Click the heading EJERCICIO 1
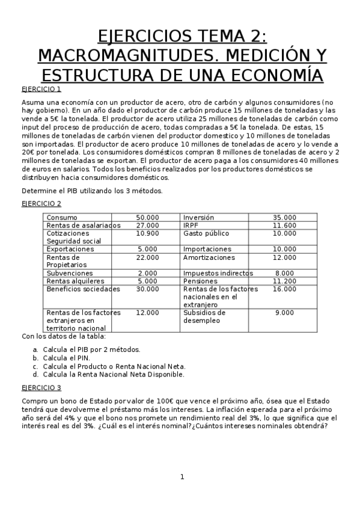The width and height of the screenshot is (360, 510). click(41, 89)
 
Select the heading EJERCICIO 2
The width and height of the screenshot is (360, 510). click(41, 204)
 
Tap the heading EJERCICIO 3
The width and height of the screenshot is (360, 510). click(41, 387)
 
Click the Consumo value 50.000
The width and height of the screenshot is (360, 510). click(147, 217)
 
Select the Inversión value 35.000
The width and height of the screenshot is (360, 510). click(284, 217)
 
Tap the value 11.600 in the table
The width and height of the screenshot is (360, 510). click(284, 226)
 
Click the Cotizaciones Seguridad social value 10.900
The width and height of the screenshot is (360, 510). click(147, 233)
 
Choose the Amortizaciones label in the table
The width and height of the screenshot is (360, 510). click(209, 257)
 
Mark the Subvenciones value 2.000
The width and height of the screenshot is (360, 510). click(147, 273)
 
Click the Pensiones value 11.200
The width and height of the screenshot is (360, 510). click(284, 281)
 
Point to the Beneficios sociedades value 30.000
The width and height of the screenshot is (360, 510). click(147, 289)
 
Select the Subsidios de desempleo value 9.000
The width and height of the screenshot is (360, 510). click(284, 313)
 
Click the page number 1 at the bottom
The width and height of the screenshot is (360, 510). click(182, 478)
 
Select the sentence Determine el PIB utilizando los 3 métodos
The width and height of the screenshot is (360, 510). click(92, 191)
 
